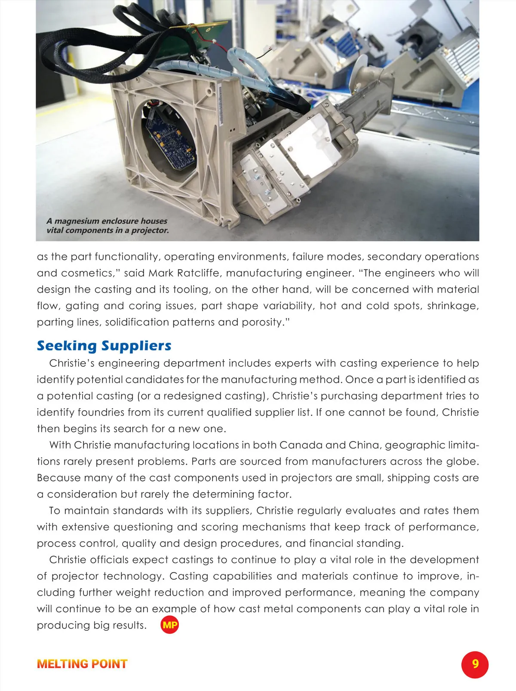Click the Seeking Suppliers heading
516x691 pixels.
point(104,346)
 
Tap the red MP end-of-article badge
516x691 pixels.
point(170,625)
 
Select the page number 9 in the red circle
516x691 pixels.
point(475,664)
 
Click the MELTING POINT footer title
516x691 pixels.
point(82,664)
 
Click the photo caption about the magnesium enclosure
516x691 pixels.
point(107,226)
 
